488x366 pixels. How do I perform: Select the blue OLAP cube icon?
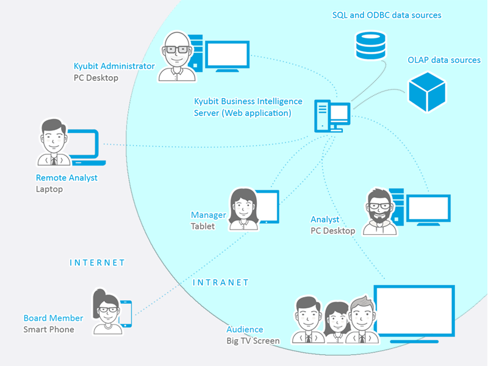tap(428, 92)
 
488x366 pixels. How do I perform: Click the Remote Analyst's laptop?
tap(85, 147)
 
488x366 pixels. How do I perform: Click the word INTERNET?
tap(97, 263)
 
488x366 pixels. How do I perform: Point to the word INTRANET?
tap(221, 282)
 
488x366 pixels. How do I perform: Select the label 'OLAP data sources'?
tap(444, 60)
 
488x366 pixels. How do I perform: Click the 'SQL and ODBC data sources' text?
tap(387, 15)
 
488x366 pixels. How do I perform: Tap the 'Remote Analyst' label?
tap(66, 178)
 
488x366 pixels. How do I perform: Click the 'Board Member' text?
tap(53, 318)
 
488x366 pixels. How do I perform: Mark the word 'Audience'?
tap(245, 329)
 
